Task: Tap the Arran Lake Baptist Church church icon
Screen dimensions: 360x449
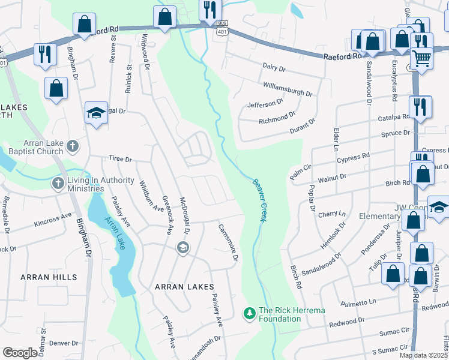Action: tap(72, 146)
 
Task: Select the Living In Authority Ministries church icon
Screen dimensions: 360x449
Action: tap(58, 182)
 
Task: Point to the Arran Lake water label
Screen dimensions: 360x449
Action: tap(115, 234)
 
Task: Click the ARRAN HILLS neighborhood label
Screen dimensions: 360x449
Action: tap(49, 277)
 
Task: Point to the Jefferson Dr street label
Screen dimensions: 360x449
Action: tap(265, 104)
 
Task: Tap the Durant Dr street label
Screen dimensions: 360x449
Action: tap(303, 125)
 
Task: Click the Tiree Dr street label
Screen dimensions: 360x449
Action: tap(119, 159)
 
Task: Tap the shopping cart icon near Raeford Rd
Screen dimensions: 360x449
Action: tap(422, 59)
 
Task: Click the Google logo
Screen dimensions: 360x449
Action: tap(20, 353)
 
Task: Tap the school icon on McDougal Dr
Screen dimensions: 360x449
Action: tap(183, 247)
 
